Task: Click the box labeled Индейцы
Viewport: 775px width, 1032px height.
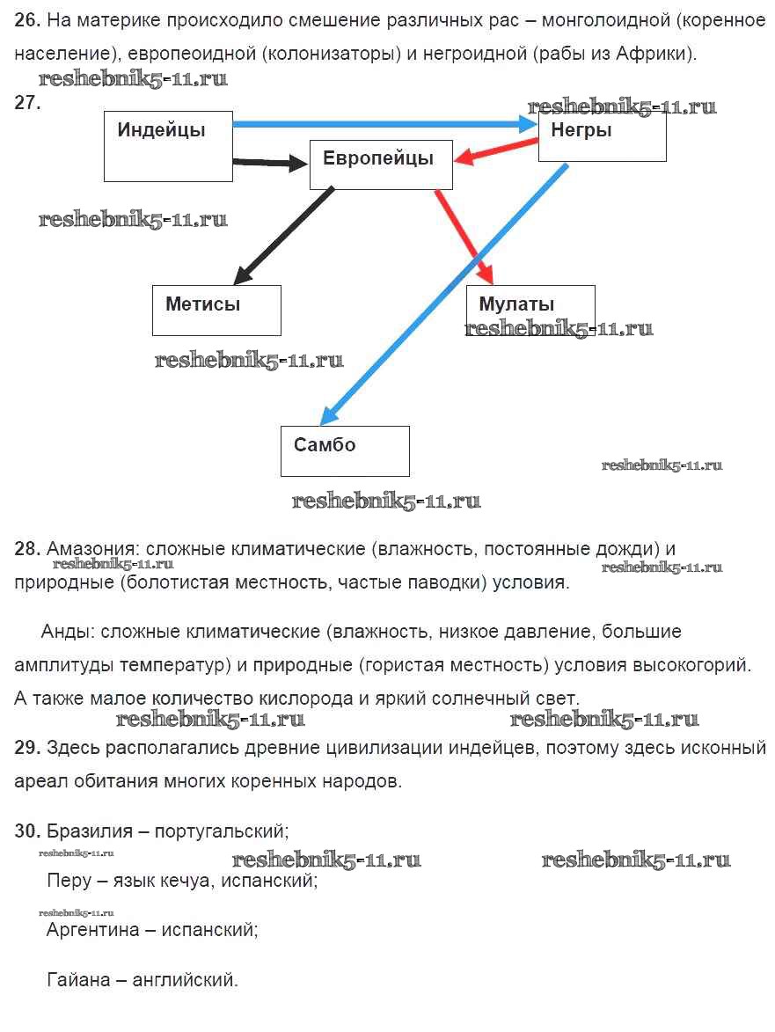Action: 168,146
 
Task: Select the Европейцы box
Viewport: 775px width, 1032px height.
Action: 381,165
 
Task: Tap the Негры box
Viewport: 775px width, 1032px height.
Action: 602,136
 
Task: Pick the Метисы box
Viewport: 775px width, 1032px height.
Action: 216,310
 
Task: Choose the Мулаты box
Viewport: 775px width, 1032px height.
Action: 530,310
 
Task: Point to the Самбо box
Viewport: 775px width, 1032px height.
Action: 345,450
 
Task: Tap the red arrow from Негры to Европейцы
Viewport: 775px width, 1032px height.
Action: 497,153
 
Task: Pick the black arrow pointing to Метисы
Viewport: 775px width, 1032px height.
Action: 283,235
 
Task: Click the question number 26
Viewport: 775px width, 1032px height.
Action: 27,19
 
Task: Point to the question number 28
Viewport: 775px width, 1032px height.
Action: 27,549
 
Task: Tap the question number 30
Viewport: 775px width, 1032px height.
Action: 27,831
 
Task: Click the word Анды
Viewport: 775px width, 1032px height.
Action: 67,632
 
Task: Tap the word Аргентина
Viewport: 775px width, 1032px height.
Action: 92,929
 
